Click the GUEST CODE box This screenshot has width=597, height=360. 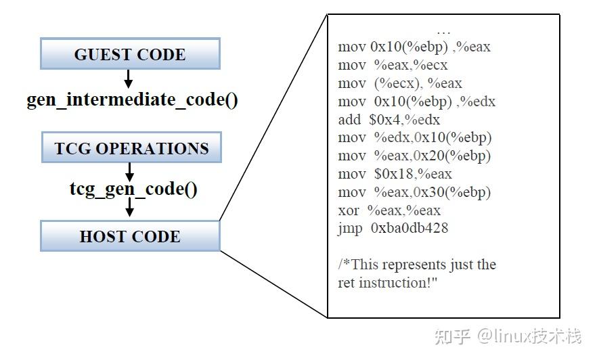[130, 54]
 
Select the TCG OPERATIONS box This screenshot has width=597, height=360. [131, 148]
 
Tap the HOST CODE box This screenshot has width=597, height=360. [130, 236]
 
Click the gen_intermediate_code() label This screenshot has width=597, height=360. [132, 100]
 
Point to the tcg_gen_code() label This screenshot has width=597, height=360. [133, 188]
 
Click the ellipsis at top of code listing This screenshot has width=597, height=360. [443, 31]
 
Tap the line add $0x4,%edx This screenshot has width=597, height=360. [389, 120]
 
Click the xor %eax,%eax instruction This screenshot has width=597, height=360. [389, 210]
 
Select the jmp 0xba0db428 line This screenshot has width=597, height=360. [393, 228]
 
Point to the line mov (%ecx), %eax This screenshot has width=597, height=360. [399, 83]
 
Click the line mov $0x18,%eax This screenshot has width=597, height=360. [395, 174]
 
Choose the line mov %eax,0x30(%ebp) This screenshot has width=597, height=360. [414, 192]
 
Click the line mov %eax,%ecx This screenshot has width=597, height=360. [393, 65]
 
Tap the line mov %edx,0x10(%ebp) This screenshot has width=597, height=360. [414, 137]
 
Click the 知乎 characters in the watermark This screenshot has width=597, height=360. [453, 336]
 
